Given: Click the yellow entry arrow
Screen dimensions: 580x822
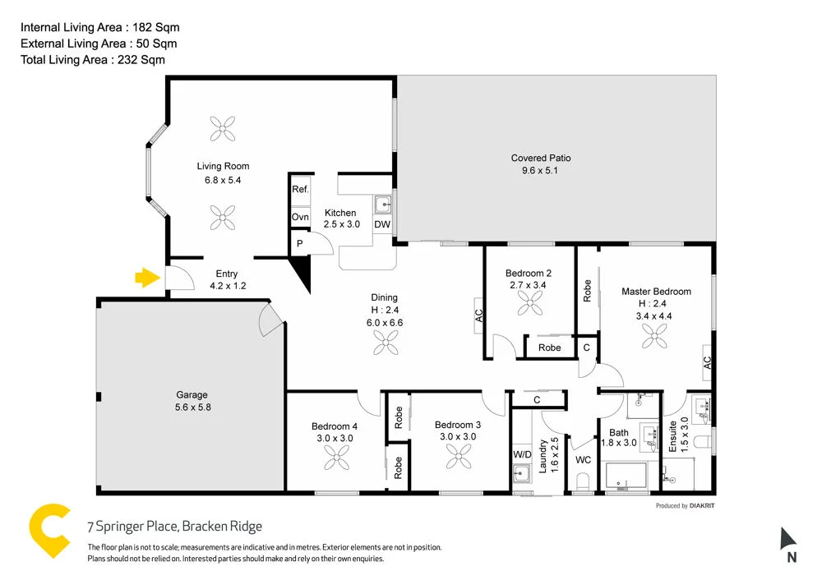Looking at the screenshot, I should [x=146, y=278].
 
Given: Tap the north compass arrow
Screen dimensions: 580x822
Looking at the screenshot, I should [x=788, y=539].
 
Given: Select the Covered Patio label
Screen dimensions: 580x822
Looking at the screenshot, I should [x=540, y=158].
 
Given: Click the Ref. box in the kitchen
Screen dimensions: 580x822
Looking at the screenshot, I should [x=300, y=189].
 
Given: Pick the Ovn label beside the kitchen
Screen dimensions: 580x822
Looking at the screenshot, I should [x=300, y=217].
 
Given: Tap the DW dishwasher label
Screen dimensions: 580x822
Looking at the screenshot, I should [x=382, y=224].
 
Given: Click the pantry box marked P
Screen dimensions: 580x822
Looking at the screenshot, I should [x=300, y=243].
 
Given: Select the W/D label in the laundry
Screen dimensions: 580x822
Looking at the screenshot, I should [x=522, y=453].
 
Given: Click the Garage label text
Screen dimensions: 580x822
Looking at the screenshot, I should [x=192, y=394].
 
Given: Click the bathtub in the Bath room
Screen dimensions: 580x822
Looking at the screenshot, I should [x=626, y=476].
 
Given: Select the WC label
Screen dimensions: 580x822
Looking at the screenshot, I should [x=584, y=460].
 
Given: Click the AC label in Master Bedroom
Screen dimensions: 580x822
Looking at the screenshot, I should [x=707, y=362].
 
